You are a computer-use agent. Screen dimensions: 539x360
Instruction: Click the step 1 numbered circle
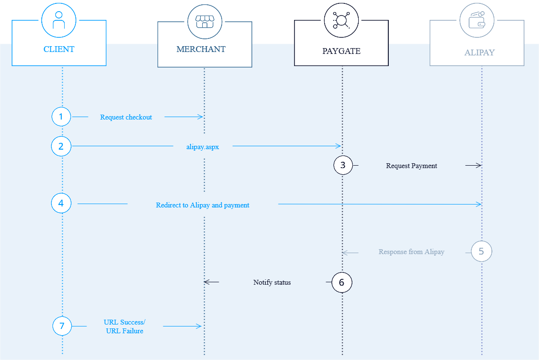coord(61,117)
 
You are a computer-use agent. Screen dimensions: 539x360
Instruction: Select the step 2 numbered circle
coord(61,146)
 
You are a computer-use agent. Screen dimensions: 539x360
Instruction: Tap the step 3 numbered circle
coord(343,165)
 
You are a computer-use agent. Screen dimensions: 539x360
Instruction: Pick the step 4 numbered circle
coord(61,203)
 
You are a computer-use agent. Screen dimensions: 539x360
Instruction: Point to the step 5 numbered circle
coord(481,252)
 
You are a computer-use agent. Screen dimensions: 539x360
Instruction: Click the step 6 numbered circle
coord(342,282)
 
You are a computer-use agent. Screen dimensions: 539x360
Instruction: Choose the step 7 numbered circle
coord(62,326)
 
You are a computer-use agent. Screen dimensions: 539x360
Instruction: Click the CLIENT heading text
coord(59,49)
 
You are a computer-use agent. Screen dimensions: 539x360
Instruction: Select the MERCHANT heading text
coord(201,49)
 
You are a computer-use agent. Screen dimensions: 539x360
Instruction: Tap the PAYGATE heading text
coord(341,51)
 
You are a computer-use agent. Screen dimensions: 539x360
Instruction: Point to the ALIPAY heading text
coord(480,52)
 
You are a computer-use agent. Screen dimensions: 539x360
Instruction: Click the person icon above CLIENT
coord(59,20)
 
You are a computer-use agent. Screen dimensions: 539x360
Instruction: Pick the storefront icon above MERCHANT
coord(205,22)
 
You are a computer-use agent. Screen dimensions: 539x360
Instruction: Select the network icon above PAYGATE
coord(341,20)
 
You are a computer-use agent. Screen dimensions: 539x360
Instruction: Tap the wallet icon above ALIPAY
coord(477,20)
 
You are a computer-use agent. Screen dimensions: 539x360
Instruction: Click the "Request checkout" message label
coord(126,117)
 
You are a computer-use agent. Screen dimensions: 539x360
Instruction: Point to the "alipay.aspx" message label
coord(203,147)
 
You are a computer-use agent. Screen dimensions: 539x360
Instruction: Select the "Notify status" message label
coord(272,282)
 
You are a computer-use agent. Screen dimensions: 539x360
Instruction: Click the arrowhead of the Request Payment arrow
coord(479,166)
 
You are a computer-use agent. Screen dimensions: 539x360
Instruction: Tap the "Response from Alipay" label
coord(412,252)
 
